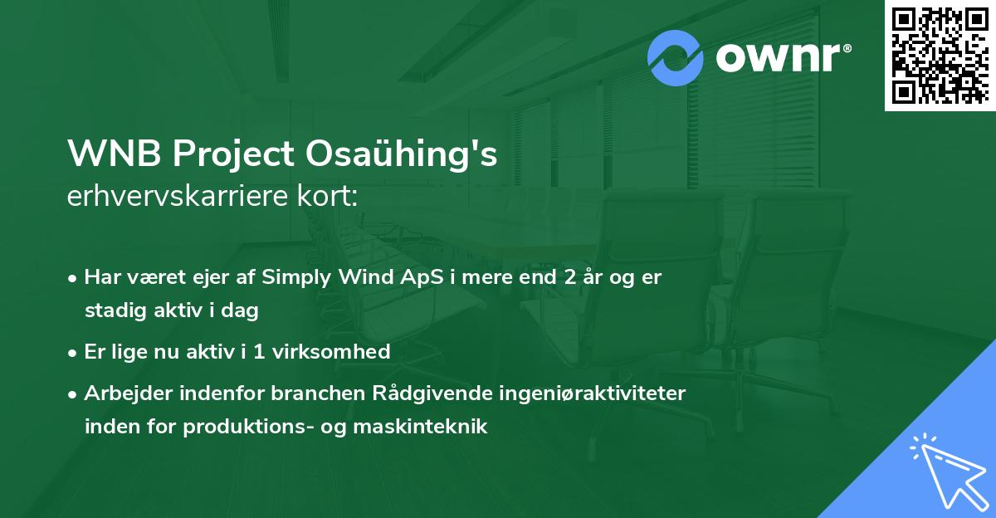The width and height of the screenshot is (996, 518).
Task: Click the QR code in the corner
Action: coord(940,56)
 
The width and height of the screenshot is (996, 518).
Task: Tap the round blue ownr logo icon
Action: coord(676,57)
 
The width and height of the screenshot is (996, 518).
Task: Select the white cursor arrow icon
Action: coord(945,470)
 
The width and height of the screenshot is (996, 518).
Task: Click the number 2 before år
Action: coord(569,277)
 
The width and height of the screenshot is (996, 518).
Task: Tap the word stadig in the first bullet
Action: coord(113,311)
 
